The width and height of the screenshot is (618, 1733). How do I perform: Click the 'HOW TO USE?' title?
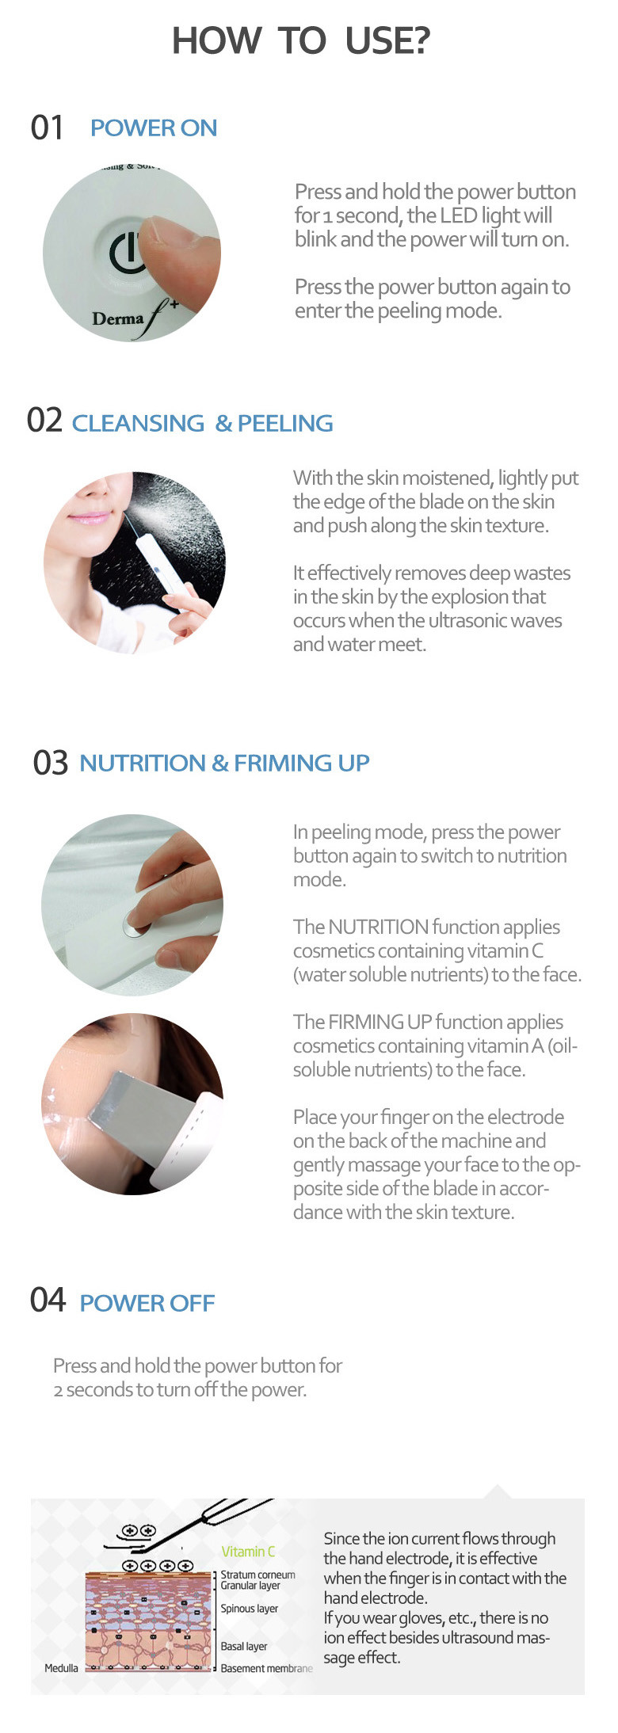pyautogui.click(x=301, y=40)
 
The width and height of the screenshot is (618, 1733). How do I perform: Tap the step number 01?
pyautogui.click(x=47, y=128)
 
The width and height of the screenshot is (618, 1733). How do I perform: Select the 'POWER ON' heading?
pyautogui.click(x=154, y=128)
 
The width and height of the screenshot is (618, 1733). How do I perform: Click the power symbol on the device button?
pyautogui.click(x=125, y=252)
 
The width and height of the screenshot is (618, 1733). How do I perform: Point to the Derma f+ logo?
pyautogui.click(x=135, y=317)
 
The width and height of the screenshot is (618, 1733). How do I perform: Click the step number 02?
pyautogui.click(x=44, y=420)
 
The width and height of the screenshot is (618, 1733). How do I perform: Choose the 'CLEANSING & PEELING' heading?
pyautogui.click(x=203, y=423)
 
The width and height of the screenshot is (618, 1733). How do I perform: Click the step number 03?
pyautogui.click(x=51, y=762)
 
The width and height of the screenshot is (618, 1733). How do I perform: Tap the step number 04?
pyautogui.click(x=48, y=1300)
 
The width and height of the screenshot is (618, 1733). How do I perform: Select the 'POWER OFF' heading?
pyautogui.click(x=147, y=1303)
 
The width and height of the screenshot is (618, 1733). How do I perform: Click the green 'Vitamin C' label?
pyautogui.click(x=248, y=1552)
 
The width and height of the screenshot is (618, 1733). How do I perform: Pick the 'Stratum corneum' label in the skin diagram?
pyautogui.click(x=257, y=1575)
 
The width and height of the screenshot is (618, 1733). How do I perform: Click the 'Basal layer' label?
pyautogui.click(x=244, y=1646)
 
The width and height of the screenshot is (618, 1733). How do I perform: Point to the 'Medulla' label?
pyautogui.click(x=61, y=1668)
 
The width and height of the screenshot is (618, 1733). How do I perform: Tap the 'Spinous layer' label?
pyautogui.click(x=250, y=1609)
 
